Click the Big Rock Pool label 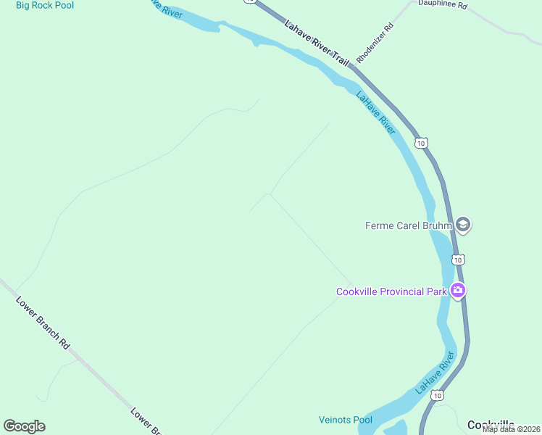coord(45,6)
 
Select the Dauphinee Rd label coord(443,5)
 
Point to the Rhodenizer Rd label coord(375,43)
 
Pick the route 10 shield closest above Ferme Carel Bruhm coord(422,143)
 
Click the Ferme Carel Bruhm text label coord(408,225)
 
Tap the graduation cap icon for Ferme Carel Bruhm coord(463,225)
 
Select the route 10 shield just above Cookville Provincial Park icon coord(458,259)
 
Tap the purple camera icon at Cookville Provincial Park coord(457,291)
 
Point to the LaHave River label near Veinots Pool coord(435,373)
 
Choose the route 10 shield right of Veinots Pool coord(437,395)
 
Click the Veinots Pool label coord(345,420)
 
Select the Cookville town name coord(491,425)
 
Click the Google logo coord(24,426)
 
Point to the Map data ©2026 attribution coord(511,429)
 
